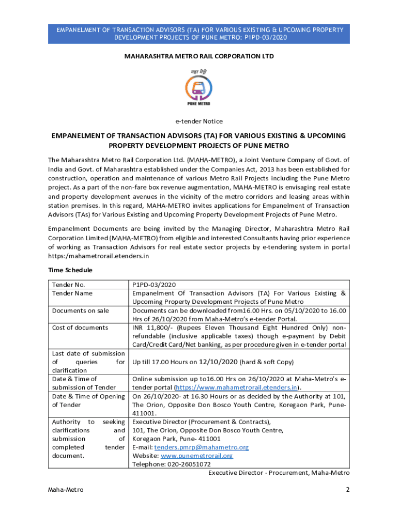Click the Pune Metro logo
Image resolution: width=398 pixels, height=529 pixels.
click(198, 88)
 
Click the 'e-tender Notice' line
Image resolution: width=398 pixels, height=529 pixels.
click(199, 121)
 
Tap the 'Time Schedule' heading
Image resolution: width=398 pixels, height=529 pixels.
click(70, 270)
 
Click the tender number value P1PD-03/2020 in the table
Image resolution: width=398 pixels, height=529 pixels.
click(155, 285)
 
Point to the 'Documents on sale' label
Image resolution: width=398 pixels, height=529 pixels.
click(80, 310)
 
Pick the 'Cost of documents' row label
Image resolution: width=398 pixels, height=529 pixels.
click(80, 328)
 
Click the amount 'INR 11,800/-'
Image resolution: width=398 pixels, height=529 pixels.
click(155, 328)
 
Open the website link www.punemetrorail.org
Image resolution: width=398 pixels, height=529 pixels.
click(197, 456)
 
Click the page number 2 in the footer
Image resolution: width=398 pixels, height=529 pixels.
click(348, 490)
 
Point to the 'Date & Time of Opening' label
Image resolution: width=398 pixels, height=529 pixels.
click(88, 396)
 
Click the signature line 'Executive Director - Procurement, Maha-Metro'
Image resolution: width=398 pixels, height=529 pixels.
click(279, 473)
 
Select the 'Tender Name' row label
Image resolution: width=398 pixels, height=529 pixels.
click(72, 293)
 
